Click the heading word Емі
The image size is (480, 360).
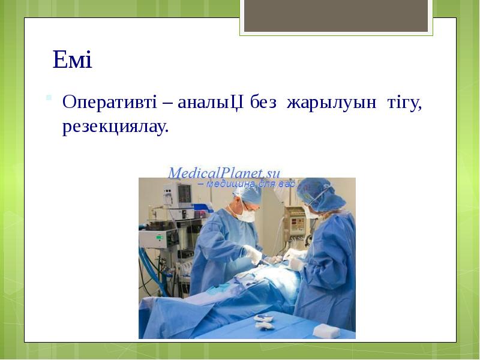72,60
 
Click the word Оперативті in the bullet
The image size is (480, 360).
109,103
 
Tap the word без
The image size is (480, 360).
263,103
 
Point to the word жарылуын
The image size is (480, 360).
332,103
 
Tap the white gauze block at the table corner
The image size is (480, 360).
326,331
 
